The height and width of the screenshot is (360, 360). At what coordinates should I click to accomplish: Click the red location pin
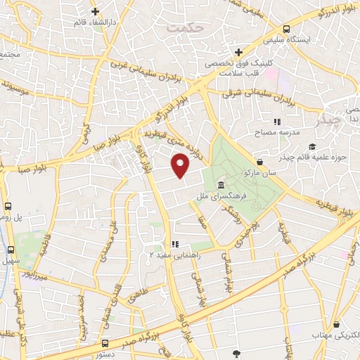click(x=181, y=166)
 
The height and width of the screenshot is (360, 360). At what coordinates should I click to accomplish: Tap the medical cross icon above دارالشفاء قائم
click(x=96, y=12)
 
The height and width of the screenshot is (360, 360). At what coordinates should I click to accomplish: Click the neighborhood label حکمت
click(x=185, y=27)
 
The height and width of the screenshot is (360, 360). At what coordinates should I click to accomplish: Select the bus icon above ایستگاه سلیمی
click(x=286, y=29)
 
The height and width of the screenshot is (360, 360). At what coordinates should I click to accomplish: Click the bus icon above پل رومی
click(x=8, y=207)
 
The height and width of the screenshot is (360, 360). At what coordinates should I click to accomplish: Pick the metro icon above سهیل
click(x=11, y=250)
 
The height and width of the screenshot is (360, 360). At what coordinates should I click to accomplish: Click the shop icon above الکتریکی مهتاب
click(x=339, y=326)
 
